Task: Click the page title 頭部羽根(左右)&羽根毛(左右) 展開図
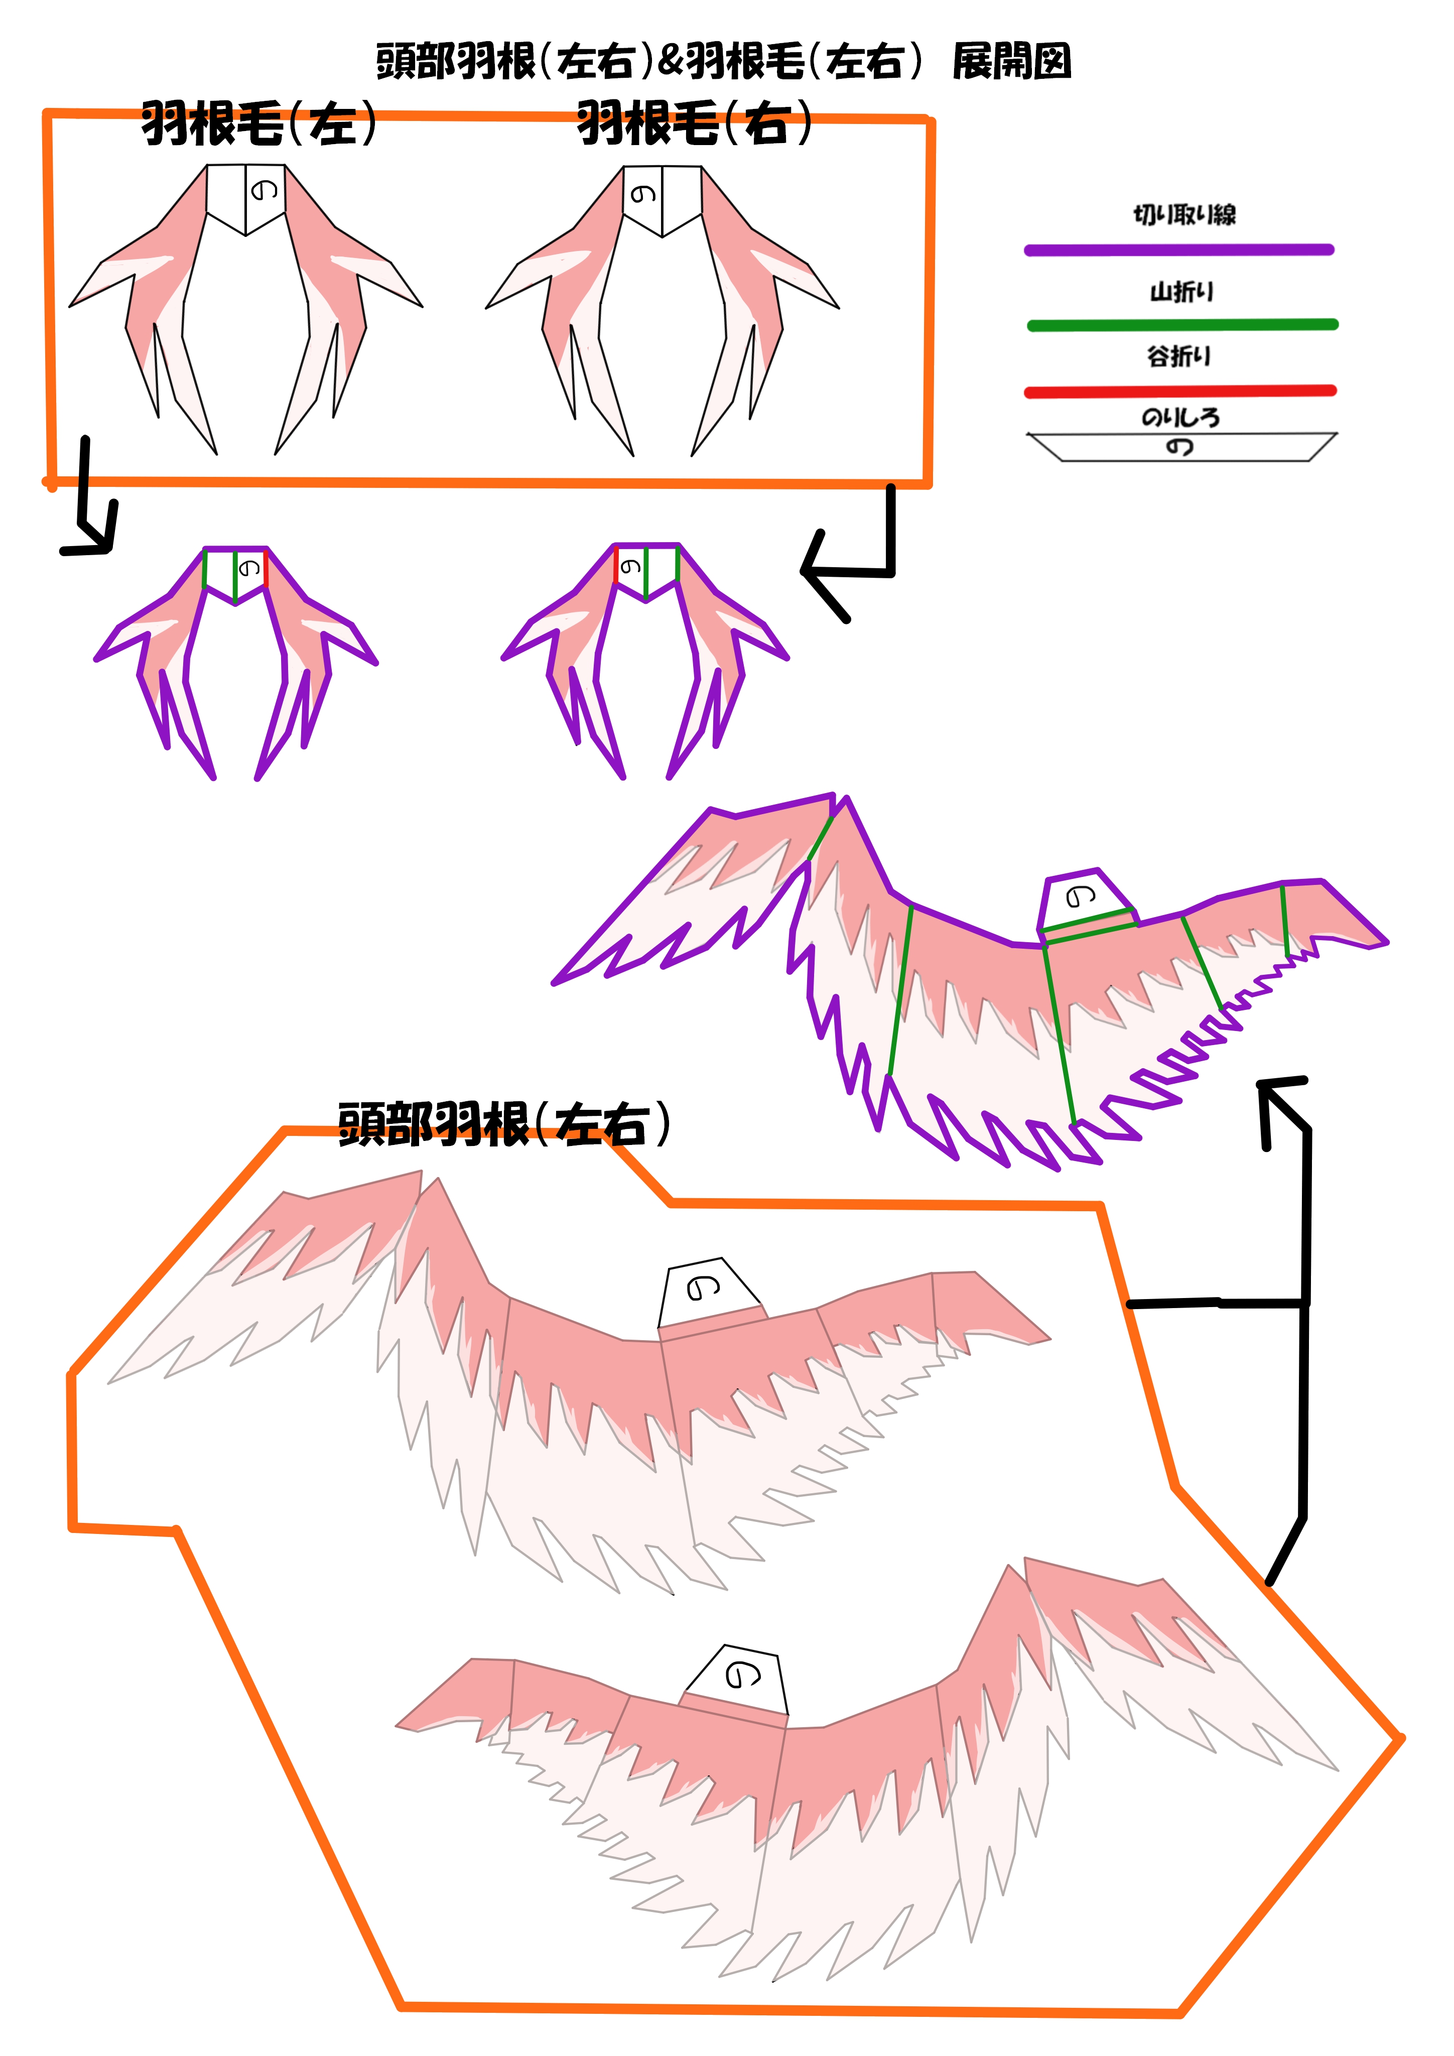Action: click(x=723, y=61)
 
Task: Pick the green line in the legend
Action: click(x=1182, y=324)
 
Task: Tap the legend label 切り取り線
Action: click(x=1183, y=214)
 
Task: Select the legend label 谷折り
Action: click(x=1179, y=356)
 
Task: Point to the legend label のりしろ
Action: click(x=1180, y=417)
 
